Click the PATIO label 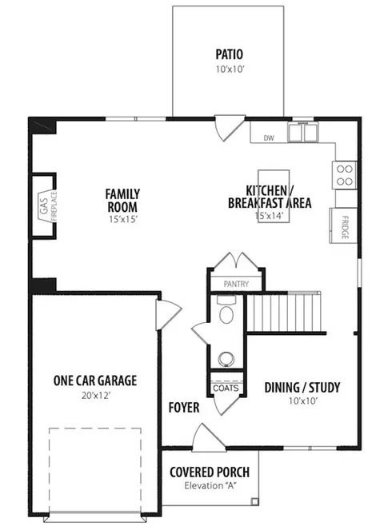229,54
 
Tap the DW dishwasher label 269,138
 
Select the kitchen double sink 303,133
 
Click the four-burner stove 345,175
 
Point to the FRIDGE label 345,227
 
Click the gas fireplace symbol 48,206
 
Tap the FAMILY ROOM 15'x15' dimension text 123,219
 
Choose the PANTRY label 236,284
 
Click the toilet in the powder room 226,310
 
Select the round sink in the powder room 226,359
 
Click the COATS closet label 226,388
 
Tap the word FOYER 184,408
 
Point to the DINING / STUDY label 302,388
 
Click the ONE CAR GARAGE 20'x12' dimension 96,396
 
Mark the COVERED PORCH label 210,472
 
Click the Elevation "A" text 210,486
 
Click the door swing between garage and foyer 168,315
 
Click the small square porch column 254,501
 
